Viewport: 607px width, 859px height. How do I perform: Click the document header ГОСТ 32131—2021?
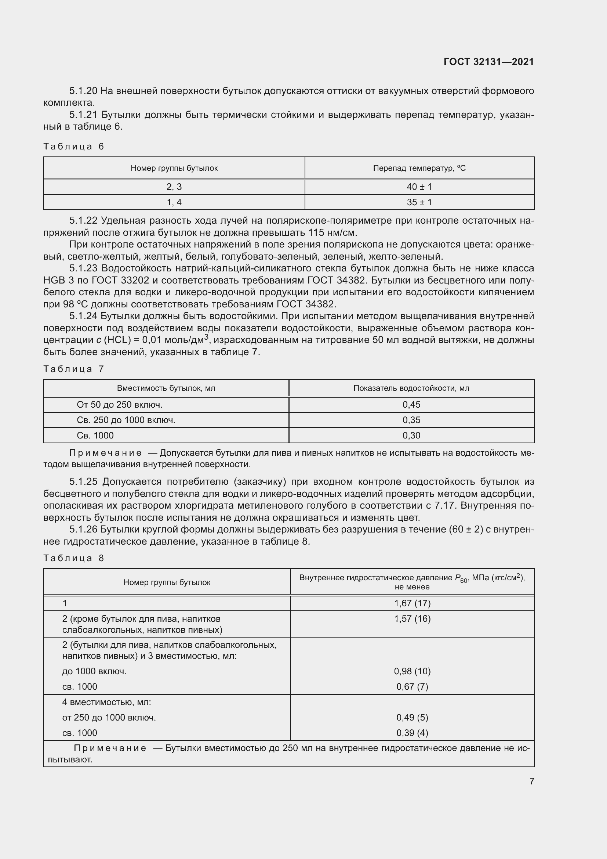tap(488, 62)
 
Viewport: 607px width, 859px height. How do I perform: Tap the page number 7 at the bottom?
tap(531, 781)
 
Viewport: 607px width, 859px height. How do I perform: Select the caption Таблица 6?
tap(74, 146)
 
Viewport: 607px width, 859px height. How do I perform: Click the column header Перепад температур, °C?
tap(419, 168)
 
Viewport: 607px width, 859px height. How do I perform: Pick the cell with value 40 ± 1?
tap(419, 187)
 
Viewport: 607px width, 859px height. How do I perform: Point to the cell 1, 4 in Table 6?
tap(174, 202)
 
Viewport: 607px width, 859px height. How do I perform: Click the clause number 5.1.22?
tap(83, 221)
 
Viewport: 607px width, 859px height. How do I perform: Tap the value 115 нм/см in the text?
tap(332, 233)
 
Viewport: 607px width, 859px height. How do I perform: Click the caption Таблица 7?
tap(74, 369)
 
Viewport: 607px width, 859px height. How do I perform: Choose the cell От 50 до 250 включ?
tap(119, 405)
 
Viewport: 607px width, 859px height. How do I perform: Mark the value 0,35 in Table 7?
tap(411, 420)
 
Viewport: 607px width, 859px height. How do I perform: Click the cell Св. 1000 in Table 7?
tap(95, 436)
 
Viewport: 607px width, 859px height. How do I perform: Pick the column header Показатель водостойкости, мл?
tap(411, 388)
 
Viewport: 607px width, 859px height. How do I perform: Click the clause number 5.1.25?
tap(83, 481)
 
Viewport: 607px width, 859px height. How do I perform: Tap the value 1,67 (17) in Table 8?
tap(412, 603)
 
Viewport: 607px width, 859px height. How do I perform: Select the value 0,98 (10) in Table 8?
tap(412, 671)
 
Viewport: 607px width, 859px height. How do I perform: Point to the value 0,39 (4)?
tap(412, 733)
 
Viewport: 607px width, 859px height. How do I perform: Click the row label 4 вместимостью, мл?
tap(106, 702)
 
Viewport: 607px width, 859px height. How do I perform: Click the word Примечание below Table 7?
tap(105, 453)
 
